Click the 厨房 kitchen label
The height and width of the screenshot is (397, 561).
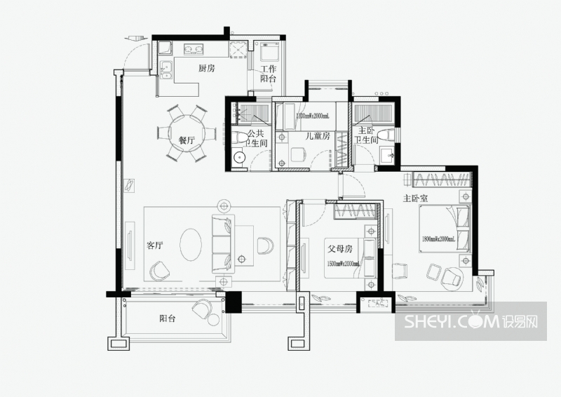(205, 69)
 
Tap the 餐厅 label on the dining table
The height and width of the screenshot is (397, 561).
(186, 140)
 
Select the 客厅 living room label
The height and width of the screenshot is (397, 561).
(155, 245)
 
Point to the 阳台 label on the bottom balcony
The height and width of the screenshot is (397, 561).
(167, 318)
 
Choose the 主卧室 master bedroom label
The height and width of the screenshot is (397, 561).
(416, 198)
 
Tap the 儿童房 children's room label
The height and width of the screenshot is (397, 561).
(317, 136)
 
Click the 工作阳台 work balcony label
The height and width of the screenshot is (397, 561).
(268, 74)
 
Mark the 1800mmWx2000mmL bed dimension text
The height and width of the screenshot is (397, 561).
(438, 239)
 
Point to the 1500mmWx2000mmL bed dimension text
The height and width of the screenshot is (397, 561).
(343, 264)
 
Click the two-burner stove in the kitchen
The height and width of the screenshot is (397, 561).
(194, 49)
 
